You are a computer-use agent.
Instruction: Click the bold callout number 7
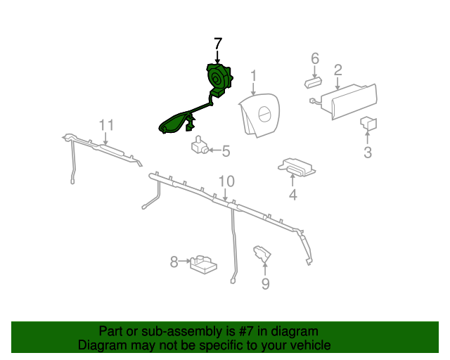(218, 44)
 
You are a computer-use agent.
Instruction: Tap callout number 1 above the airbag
(253, 77)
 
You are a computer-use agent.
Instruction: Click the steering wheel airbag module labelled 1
(259, 115)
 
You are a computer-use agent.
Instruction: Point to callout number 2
(337, 70)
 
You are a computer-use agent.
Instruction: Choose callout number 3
(368, 152)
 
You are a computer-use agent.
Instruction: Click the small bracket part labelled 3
(368, 124)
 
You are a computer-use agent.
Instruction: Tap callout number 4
(292, 195)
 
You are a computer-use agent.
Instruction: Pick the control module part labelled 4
(297, 167)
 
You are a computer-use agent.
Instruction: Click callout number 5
(226, 151)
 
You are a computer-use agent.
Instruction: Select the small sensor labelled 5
(200, 145)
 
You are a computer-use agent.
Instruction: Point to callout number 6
(315, 58)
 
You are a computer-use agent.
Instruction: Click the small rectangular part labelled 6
(313, 83)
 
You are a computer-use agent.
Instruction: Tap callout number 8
(174, 262)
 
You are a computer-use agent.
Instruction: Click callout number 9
(266, 283)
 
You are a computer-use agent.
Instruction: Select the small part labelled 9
(262, 254)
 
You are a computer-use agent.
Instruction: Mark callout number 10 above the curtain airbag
(226, 181)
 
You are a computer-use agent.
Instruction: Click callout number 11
(106, 125)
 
